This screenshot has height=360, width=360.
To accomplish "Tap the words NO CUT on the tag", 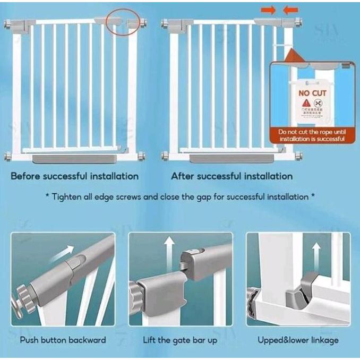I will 313,93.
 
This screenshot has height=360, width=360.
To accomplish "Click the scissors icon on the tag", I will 319,103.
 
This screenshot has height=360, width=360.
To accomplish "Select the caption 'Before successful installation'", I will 75,176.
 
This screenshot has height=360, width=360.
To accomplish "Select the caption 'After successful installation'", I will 232,176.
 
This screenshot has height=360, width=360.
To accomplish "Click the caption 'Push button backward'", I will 63,340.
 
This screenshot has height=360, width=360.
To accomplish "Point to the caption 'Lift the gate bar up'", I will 181,340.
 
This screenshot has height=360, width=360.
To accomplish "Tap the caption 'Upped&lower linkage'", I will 298,340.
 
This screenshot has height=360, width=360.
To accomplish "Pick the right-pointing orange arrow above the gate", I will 267,10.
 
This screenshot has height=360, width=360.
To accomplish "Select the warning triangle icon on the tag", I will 306,103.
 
